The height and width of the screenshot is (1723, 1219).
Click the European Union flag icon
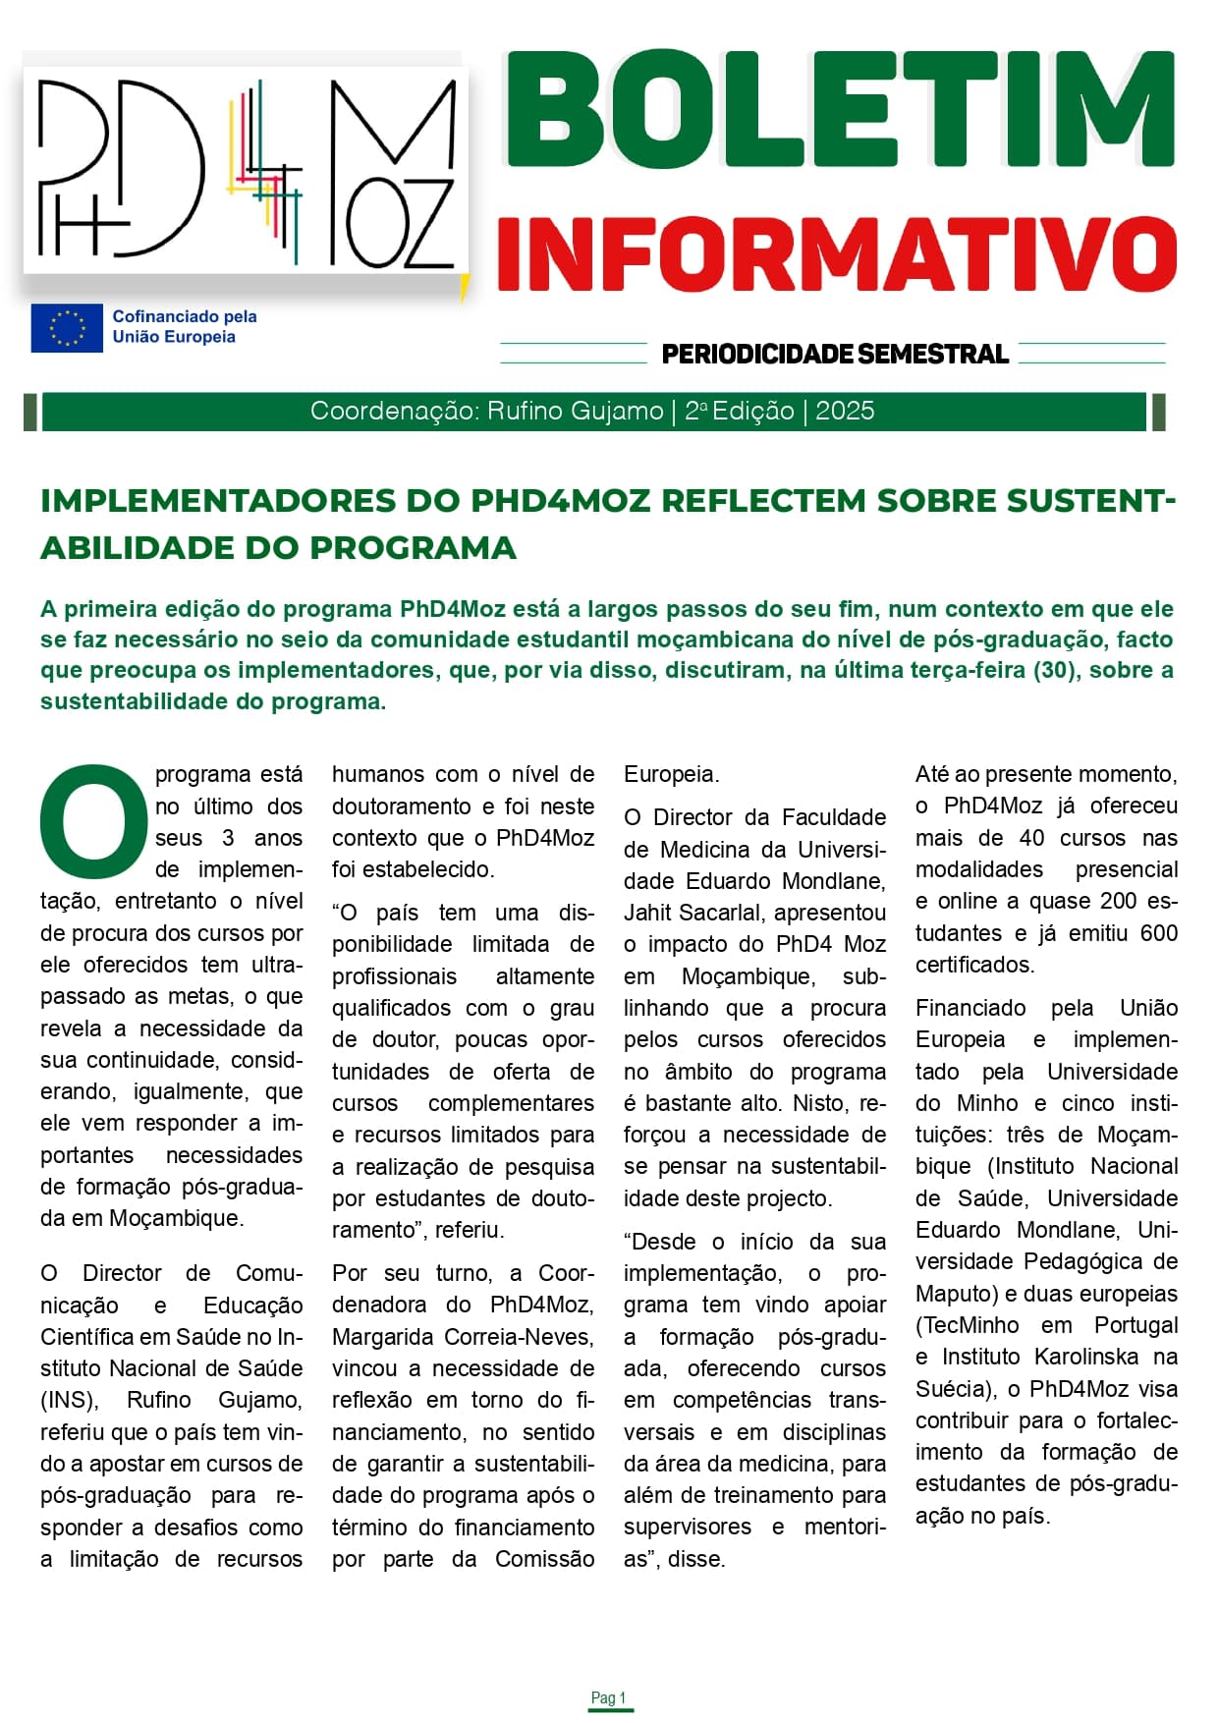pos(66,327)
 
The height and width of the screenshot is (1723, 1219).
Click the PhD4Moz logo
pos(246,173)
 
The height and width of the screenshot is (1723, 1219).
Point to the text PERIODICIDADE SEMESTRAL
pos(835,354)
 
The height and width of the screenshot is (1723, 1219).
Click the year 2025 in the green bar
pos(845,411)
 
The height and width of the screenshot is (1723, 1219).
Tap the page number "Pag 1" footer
pos(609,1697)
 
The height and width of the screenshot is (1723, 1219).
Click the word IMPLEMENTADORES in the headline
pos(217,501)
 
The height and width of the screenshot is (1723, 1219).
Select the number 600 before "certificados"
pos(1158,932)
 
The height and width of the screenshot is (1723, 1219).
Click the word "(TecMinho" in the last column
pos(967,1325)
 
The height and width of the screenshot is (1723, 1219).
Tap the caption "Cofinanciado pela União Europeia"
pos(185,326)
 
